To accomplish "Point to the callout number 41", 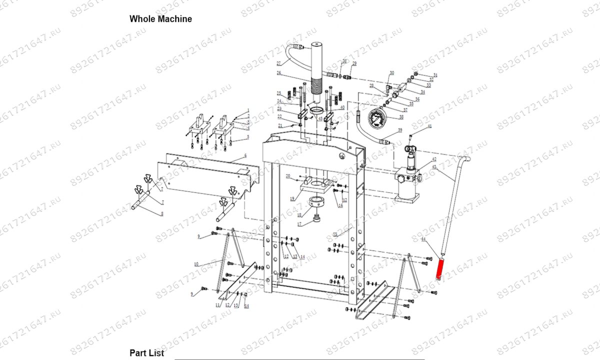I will point(428,127).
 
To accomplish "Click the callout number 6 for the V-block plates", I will point(245,156).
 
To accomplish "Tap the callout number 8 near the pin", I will point(161,214).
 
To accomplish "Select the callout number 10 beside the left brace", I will point(196,263).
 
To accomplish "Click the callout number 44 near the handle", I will point(423,240).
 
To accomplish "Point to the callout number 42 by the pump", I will point(433,159).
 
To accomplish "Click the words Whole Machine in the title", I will point(160,19).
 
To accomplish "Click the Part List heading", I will point(146,353).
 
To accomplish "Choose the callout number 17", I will point(299,224).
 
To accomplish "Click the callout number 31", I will point(435,75).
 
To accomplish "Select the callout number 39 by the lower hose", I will point(399,130).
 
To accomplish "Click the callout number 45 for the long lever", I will point(434,166).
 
